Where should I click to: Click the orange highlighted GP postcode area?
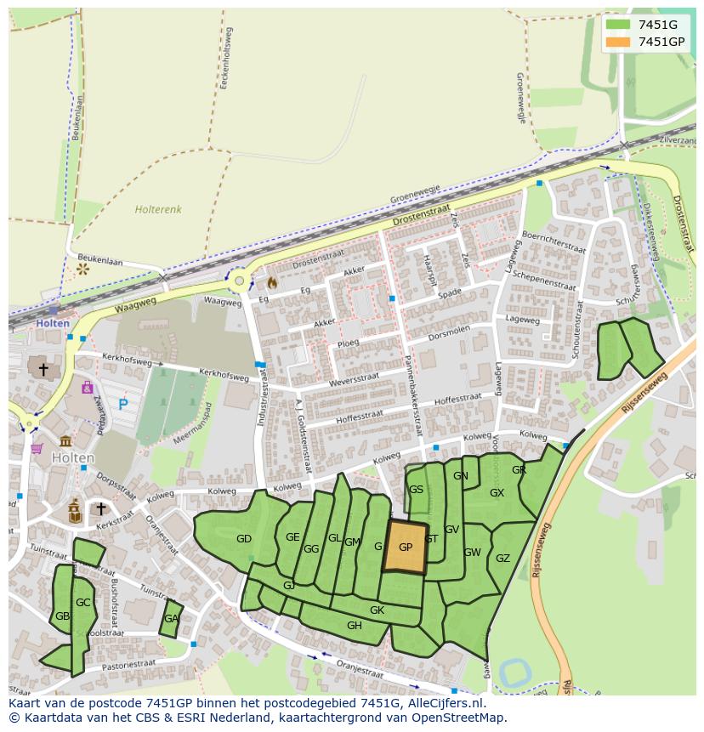pos(405,548)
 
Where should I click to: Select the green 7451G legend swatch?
pos(618,25)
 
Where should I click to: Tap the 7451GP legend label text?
pos(661,42)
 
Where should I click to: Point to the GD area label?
pos(244,539)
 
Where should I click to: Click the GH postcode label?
pos(355,626)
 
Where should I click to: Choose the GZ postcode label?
pos(502,559)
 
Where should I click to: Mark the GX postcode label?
pos(497,493)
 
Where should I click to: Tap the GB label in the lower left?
pos(62,616)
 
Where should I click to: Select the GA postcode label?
pos(172,619)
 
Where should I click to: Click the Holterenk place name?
pos(158,208)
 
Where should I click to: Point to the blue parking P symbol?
pos(123,405)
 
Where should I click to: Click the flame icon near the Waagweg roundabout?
pos(272,281)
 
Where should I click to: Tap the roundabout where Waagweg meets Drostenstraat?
pos(240,281)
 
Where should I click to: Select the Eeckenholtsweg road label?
pos(228,56)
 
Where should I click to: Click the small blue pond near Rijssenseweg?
pos(516,672)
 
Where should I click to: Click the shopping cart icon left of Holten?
pos(37,448)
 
